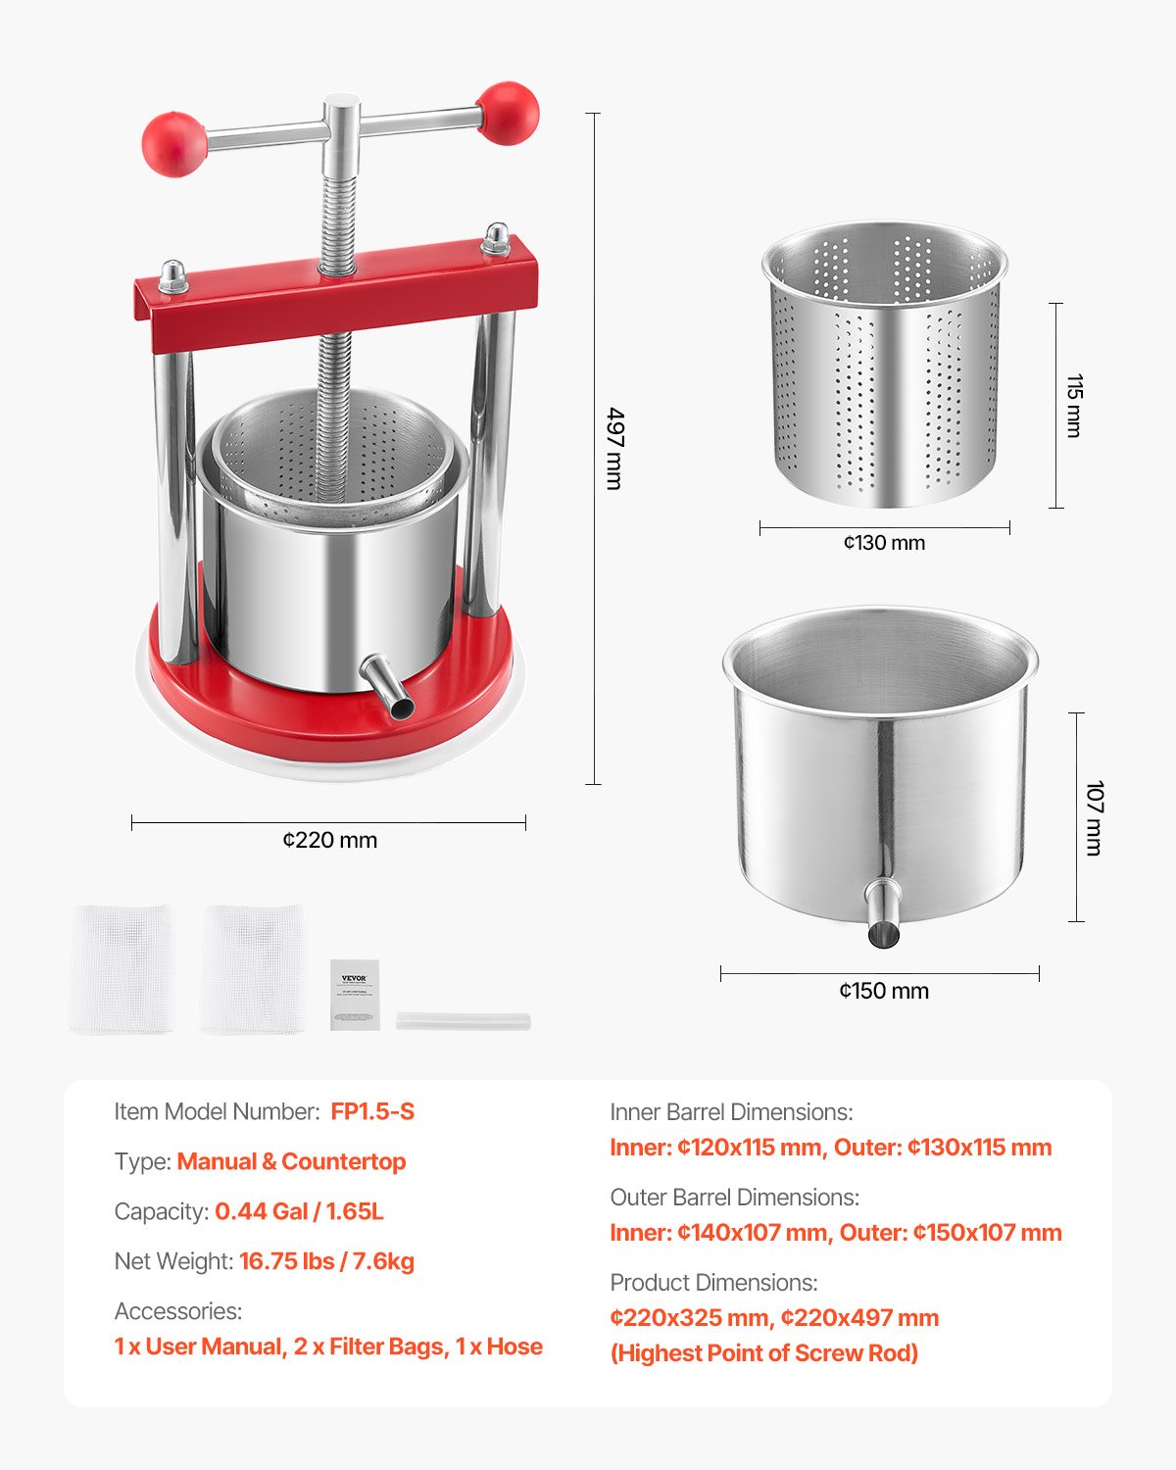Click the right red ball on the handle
(509, 113)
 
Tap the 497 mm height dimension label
(614, 448)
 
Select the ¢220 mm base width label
(329, 840)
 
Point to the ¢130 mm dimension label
(884, 543)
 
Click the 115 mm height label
(1074, 405)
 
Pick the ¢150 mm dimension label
(884, 991)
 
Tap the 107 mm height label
(1095, 817)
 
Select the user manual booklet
(355, 994)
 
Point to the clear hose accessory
(464, 1021)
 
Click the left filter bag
(123, 969)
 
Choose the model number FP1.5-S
(372, 1111)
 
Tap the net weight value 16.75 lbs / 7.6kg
(326, 1261)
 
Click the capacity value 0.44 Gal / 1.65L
(299, 1211)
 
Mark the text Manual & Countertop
(291, 1161)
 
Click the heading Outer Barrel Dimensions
(734, 1198)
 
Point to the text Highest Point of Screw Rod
(764, 1353)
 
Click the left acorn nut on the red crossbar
(173, 275)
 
